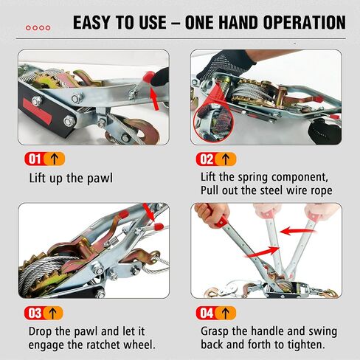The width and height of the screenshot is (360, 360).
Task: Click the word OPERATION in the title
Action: click(x=305, y=22)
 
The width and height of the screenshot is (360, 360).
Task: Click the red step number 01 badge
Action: click(x=35, y=159)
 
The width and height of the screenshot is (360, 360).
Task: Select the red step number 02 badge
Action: click(x=206, y=159)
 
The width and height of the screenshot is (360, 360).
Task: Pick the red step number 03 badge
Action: click(x=35, y=313)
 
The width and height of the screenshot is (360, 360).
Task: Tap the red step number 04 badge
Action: click(x=206, y=313)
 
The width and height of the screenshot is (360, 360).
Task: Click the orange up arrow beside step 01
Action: click(x=54, y=159)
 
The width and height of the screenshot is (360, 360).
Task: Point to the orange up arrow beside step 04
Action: click(x=225, y=313)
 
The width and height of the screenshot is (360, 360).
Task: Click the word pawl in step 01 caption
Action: click(x=100, y=179)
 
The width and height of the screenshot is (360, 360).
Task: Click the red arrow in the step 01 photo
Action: click(x=154, y=99)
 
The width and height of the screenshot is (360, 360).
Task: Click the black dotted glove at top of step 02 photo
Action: click(x=226, y=63)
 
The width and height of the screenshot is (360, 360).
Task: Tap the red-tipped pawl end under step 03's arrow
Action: click(x=158, y=226)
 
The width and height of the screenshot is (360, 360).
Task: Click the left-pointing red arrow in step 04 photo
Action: click(x=297, y=231)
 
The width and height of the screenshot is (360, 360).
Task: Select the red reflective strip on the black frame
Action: click(x=38, y=111)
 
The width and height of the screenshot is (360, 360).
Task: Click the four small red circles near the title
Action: click(x=38, y=28)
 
